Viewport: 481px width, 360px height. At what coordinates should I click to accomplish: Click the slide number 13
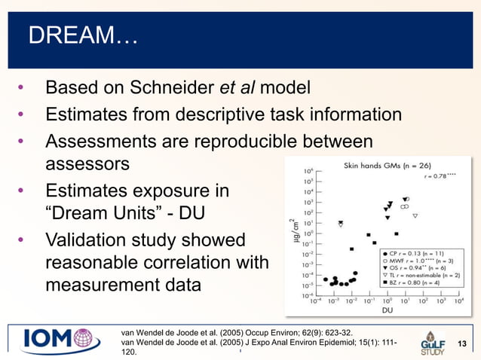tap(463, 344)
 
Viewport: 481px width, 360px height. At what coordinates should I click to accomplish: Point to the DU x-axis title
tap(387, 310)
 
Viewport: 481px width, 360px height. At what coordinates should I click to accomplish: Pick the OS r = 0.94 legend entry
tap(415, 270)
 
